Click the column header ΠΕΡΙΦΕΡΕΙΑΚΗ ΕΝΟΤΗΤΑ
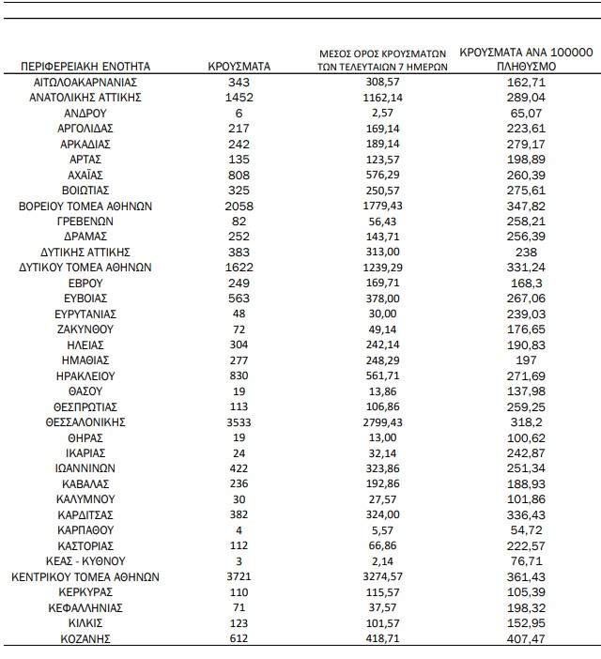click(85, 67)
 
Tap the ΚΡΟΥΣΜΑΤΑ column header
click(239, 67)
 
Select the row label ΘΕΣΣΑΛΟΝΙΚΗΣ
click(85, 422)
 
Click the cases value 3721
click(239, 576)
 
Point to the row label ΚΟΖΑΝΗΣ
click(85, 638)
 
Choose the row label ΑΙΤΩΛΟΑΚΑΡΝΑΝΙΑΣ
click(85, 83)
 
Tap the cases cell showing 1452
click(239, 98)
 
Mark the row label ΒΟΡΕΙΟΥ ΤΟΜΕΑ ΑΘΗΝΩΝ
click(85, 206)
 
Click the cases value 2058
click(239, 206)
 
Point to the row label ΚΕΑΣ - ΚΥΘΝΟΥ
click(85, 560)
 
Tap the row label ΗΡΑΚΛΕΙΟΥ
click(85, 375)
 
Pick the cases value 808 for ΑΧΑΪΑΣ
click(239, 175)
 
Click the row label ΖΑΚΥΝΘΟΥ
click(85, 329)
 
